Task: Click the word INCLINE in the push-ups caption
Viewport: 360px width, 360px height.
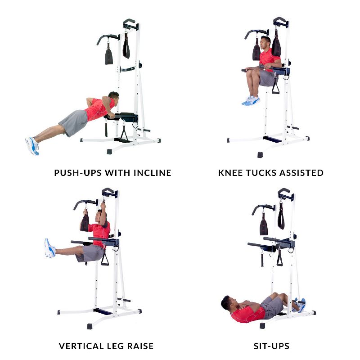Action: pyautogui.click(x=153, y=173)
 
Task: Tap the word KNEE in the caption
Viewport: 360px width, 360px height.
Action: pyautogui.click(x=231, y=173)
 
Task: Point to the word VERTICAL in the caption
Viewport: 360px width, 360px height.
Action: pyautogui.click(x=81, y=346)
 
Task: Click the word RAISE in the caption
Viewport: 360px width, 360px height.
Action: pyautogui.click(x=140, y=346)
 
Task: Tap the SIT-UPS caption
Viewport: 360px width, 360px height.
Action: pyautogui.click(x=271, y=346)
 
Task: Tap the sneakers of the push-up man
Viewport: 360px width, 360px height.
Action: pyautogui.click(x=32, y=146)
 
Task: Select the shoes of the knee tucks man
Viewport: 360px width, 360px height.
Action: pyautogui.click(x=251, y=101)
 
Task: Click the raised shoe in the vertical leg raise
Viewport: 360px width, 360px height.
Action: pyautogui.click(x=50, y=248)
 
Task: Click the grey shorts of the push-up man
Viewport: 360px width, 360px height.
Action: pyautogui.click(x=74, y=122)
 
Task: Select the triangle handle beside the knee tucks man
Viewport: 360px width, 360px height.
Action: pyautogui.click(x=275, y=87)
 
